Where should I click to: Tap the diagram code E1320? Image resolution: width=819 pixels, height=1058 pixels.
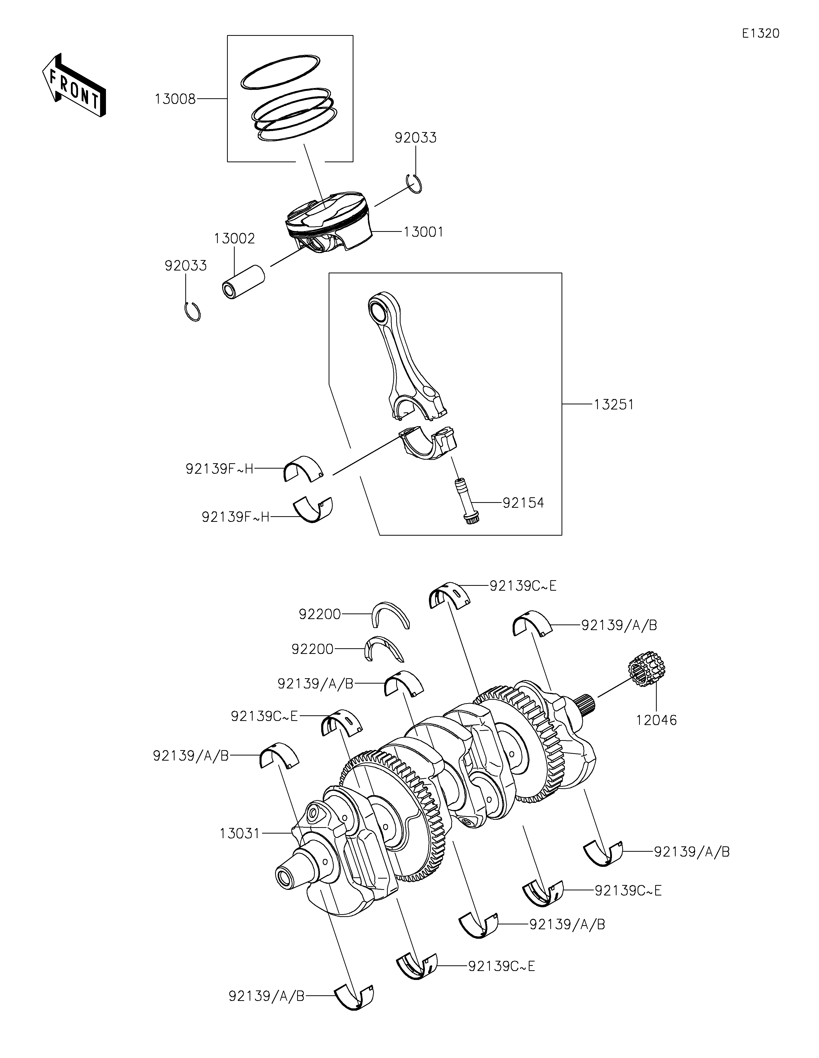coord(760,34)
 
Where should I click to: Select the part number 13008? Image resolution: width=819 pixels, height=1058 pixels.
coord(175,99)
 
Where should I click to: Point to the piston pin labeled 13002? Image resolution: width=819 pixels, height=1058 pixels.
coord(244,283)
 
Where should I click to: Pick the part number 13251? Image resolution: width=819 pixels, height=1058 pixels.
coord(614,405)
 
